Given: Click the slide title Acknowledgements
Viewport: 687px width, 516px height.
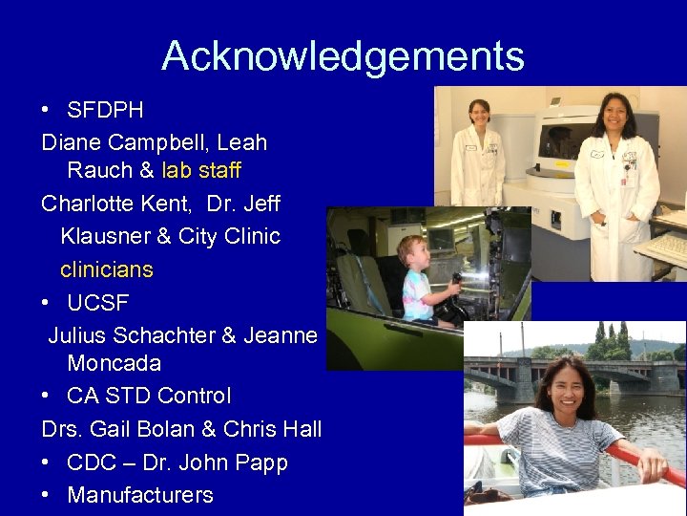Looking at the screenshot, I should click(x=343, y=56).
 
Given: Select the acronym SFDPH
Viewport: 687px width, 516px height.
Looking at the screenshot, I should click(x=105, y=111).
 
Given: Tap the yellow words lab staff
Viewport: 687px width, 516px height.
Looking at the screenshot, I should click(x=201, y=171).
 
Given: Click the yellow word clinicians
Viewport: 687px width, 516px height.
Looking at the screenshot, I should click(x=106, y=269).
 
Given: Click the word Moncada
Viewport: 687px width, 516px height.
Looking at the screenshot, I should click(x=114, y=364).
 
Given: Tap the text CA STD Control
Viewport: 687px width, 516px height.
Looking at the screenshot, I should click(x=149, y=396).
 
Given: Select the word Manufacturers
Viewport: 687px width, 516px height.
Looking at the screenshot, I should click(x=140, y=495).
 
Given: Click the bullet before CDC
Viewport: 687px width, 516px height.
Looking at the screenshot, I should click(x=47, y=462).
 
